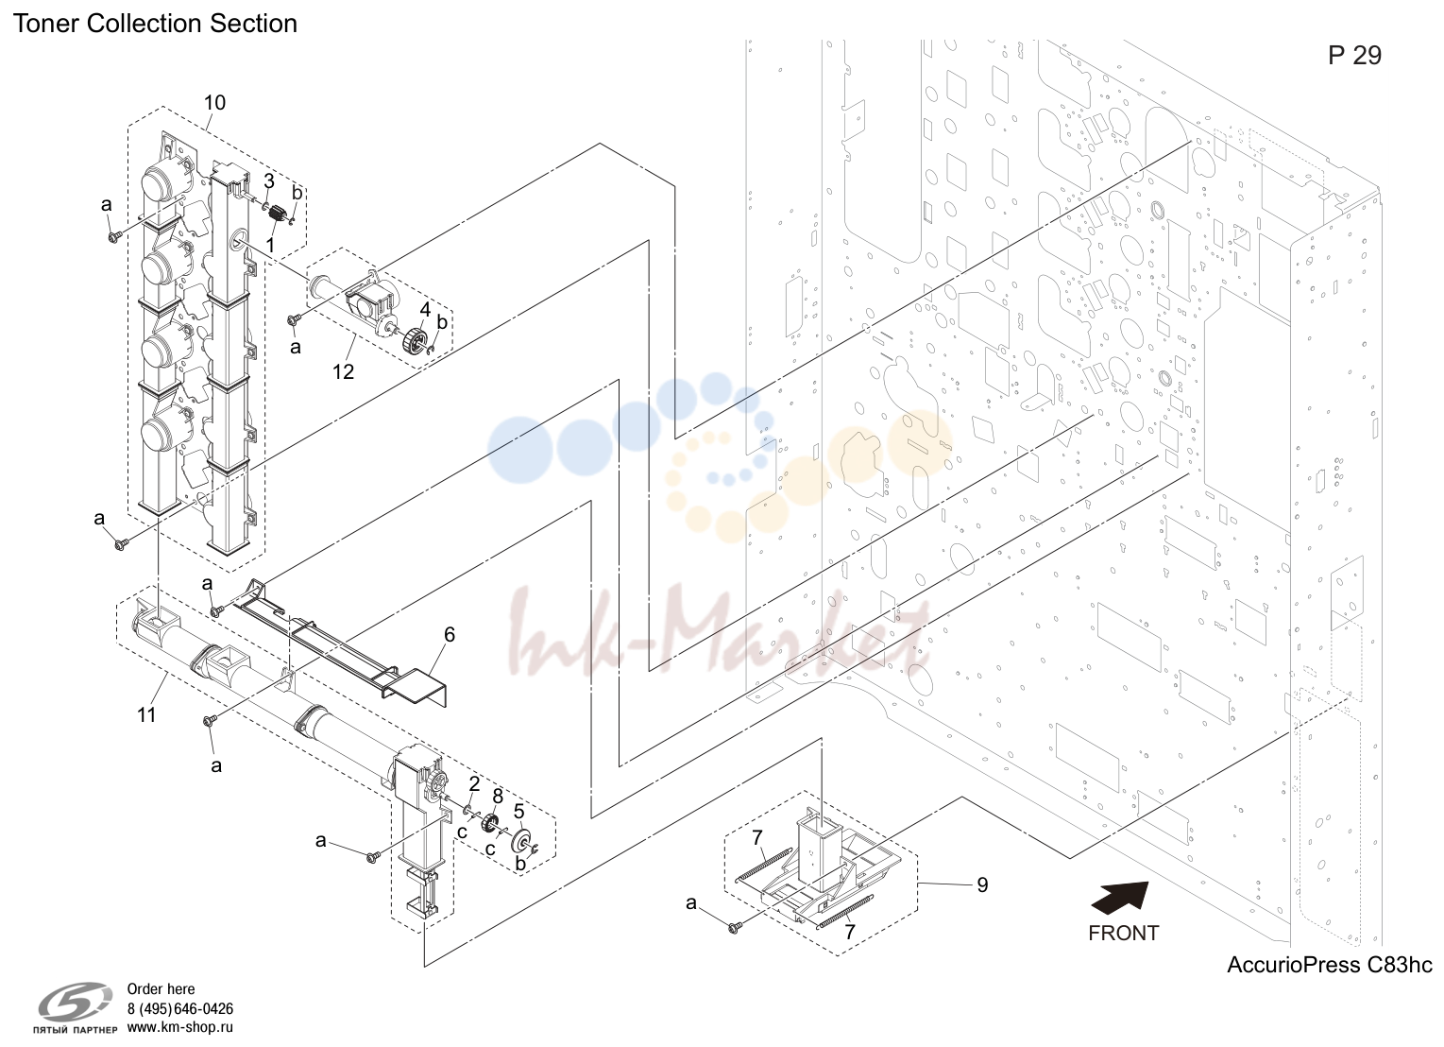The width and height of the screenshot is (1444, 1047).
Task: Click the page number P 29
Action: coord(1354,56)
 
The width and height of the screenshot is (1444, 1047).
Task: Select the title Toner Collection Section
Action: coord(155,24)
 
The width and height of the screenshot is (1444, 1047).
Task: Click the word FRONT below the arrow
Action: coord(1123,933)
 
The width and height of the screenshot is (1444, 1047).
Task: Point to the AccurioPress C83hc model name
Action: coord(1329,965)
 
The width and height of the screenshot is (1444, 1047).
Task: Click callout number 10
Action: coord(214,103)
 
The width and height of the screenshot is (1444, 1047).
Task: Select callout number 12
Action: coord(343,371)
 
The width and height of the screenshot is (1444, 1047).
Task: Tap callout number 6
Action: coord(450,635)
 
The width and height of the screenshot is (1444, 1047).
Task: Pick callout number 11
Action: coord(146,714)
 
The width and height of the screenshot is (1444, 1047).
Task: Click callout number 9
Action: coord(982,885)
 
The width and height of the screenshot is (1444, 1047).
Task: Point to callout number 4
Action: coord(425,310)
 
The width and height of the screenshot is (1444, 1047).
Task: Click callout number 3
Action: coord(269,180)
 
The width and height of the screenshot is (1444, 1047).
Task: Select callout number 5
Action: coord(518,812)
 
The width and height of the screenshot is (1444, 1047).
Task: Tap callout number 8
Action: coord(497,796)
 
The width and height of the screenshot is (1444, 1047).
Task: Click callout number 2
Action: coord(474,783)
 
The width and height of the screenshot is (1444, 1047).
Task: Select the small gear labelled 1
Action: coord(277,214)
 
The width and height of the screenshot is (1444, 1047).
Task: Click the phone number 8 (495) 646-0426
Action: coord(179,1008)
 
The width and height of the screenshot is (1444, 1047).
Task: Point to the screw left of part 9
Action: coord(733,928)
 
